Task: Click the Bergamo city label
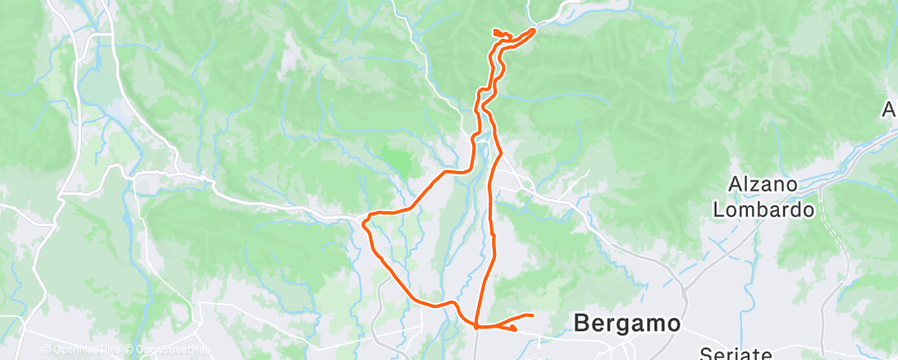point(627,323)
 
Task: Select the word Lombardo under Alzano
point(764,210)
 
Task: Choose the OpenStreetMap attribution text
point(173,350)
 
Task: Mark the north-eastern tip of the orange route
point(534,30)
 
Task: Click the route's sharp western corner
point(364,221)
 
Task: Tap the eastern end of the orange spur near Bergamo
point(532,315)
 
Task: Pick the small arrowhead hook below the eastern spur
point(514,329)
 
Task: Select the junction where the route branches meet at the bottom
point(477,327)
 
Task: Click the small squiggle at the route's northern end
point(499,33)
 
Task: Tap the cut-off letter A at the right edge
point(890,109)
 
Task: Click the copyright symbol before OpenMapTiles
point(45,350)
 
